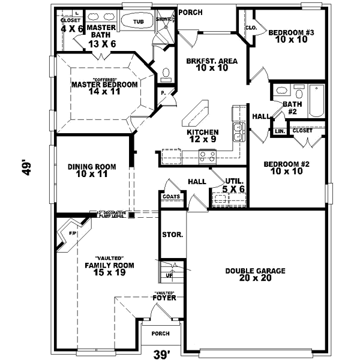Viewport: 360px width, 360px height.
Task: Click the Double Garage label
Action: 255,275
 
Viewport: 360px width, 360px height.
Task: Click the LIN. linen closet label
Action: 279,131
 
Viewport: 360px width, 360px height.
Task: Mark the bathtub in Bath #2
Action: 316,100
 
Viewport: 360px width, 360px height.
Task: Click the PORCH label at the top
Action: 191,12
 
